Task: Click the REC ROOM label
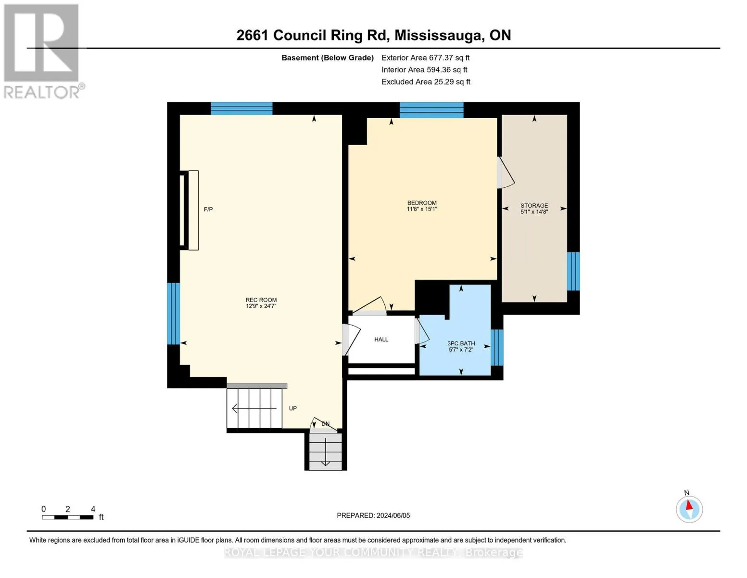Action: pos(261,300)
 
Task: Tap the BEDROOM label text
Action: pos(422,203)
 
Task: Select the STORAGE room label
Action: pos(534,206)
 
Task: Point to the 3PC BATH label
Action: pos(461,343)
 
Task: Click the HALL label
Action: pos(381,340)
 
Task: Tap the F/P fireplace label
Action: pos(208,210)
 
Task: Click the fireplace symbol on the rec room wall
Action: pos(189,210)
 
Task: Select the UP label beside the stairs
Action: pos(292,408)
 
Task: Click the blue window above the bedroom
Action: pos(431,110)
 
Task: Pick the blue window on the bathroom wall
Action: pos(497,347)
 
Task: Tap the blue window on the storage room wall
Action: pos(573,271)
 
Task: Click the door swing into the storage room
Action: pos(506,173)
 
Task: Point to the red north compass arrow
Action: pos(689,505)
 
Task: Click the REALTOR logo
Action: pos(43,51)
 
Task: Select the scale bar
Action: pos(68,517)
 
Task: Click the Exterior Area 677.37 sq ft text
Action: pos(425,58)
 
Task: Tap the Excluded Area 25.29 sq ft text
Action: pos(426,82)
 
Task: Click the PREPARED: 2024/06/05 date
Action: pos(373,515)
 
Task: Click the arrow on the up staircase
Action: pos(254,408)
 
